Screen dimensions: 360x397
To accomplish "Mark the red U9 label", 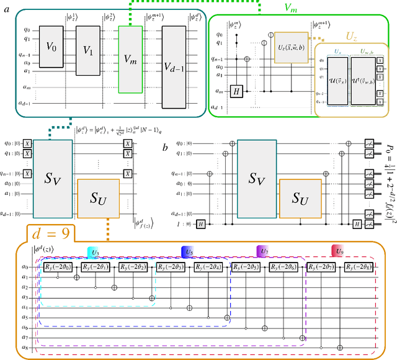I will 341,251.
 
